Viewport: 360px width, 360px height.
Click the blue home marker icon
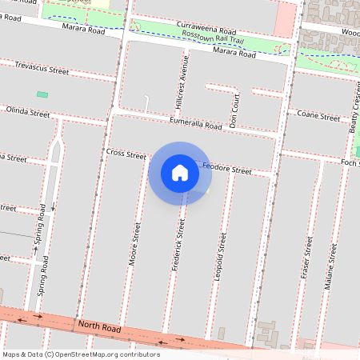pos(180,173)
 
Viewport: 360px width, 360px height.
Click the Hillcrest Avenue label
pos(181,82)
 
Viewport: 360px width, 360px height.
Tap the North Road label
pos(99,326)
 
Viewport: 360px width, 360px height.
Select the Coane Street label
pos(318,117)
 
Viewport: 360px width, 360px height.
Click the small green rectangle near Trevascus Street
pos(42,94)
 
